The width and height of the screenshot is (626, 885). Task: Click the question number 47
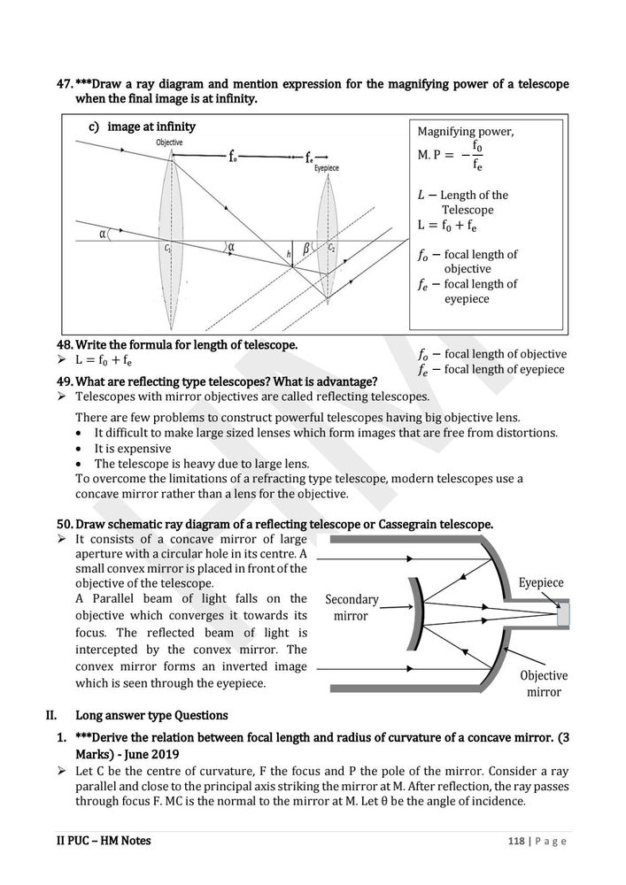coord(65,84)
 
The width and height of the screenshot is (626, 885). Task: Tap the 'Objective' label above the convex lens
coord(170,142)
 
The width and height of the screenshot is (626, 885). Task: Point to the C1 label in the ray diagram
coord(168,249)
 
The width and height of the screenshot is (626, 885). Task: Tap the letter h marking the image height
coord(289,255)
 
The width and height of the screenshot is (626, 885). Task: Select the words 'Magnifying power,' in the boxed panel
coord(465,131)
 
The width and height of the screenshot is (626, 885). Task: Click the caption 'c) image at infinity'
coord(142,127)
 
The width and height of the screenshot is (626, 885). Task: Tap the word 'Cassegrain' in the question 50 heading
coord(409,525)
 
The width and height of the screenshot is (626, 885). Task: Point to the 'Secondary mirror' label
coord(352,607)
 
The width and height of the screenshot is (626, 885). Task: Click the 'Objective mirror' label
coord(544,683)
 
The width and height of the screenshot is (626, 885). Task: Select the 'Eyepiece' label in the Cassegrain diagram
coord(541,583)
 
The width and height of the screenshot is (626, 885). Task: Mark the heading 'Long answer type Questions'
coord(151,715)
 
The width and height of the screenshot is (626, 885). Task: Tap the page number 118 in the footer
coord(517,841)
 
